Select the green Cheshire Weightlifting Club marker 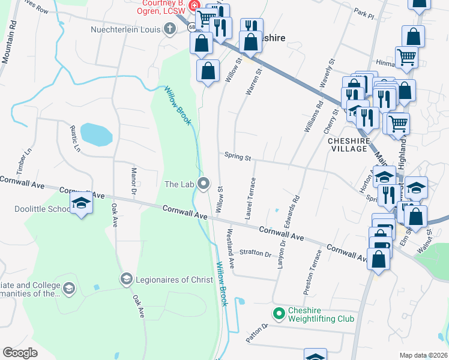279,313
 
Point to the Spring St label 237,157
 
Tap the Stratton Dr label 255,253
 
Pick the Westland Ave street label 231,244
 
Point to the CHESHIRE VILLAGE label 348,144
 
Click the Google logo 20,352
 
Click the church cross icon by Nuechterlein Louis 170,29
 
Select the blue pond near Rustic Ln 96,134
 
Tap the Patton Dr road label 256,333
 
